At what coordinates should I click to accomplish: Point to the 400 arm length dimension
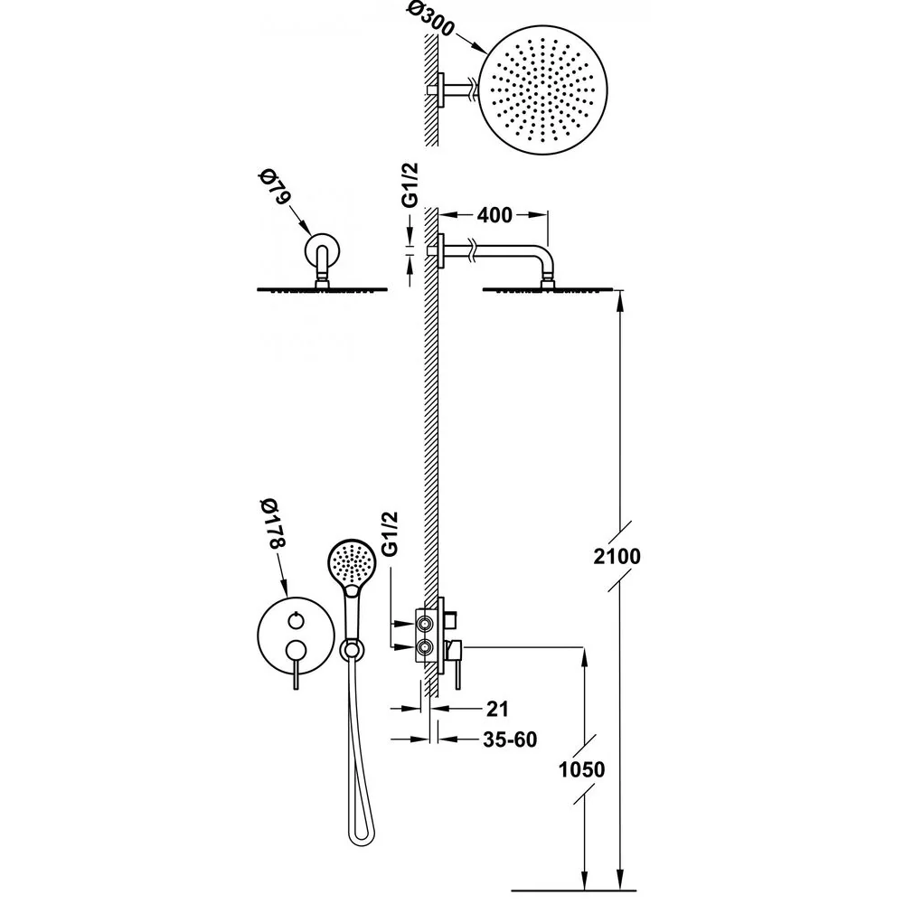click(494, 215)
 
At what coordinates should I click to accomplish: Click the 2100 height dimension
click(617, 556)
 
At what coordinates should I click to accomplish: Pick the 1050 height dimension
click(581, 769)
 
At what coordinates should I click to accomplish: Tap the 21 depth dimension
click(497, 709)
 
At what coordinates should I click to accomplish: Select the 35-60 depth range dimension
click(510, 739)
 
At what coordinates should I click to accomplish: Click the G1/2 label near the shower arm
click(410, 184)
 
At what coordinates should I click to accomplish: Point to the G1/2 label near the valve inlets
click(391, 533)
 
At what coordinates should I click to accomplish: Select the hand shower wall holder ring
click(352, 650)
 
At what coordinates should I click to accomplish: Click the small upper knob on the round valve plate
click(296, 621)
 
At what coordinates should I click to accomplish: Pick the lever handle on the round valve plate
click(296, 662)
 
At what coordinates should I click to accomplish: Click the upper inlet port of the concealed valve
click(426, 623)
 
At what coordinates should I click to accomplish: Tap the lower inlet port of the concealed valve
click(426, 648)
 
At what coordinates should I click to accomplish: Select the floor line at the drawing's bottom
click(574, 890)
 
